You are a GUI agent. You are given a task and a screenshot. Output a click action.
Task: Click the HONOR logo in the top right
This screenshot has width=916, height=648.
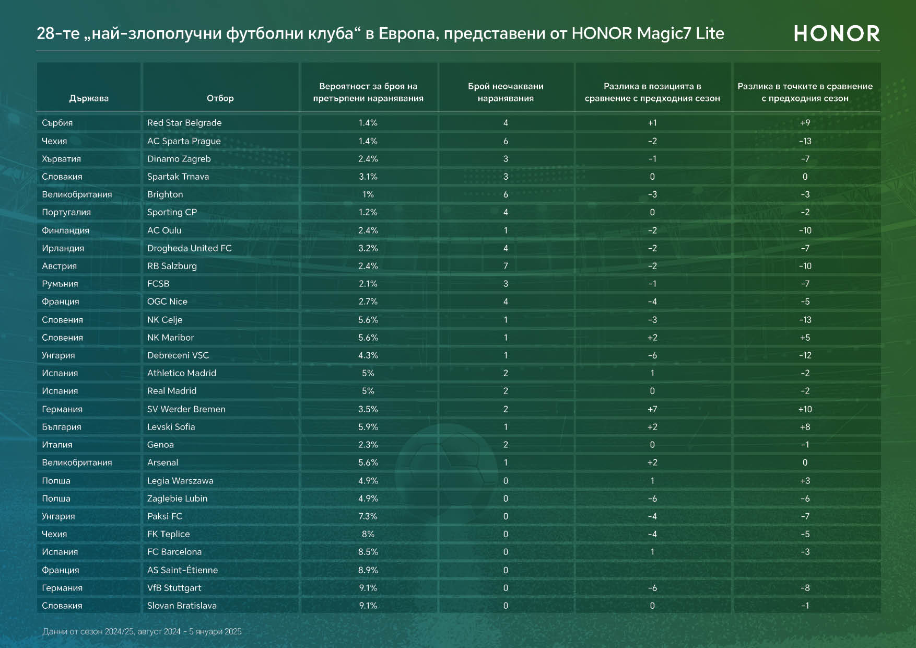837,34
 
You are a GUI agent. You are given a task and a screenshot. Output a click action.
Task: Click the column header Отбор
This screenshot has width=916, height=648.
220,98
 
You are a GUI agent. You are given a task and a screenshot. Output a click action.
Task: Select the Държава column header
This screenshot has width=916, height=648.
89,98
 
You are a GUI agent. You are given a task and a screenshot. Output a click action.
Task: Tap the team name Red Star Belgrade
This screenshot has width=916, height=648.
184,123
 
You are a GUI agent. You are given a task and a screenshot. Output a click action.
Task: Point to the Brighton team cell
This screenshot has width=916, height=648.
165,194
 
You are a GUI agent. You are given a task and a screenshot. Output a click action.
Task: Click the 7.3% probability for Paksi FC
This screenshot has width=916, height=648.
368,516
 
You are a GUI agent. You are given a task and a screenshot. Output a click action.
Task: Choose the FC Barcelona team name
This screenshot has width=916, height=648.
174,552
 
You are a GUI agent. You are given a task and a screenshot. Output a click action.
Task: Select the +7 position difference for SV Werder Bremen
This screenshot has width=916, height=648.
652,409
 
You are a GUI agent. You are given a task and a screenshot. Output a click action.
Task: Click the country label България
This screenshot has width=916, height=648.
62,427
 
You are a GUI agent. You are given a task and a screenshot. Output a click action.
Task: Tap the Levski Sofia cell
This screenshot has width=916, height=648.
171,427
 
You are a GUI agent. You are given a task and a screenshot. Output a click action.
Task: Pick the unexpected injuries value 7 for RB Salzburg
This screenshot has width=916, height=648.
506,266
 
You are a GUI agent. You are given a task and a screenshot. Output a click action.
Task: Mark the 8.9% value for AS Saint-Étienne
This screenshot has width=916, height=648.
368,570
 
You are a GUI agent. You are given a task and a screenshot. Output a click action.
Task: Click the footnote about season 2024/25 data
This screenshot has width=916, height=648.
142,631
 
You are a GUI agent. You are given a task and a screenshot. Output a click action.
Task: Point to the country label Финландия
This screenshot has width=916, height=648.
66,230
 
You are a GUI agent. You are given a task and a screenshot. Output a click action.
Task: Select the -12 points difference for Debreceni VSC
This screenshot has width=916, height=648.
805,355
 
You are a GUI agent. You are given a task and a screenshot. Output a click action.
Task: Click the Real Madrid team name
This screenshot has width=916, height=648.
172,391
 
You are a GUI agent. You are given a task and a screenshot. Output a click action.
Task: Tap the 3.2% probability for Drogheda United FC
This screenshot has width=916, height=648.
368,248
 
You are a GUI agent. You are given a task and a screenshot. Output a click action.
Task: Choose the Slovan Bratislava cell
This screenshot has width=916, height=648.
182,606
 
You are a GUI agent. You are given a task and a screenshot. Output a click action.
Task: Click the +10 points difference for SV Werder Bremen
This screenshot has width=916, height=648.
805,409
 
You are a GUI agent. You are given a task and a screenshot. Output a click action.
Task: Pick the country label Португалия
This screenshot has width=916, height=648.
66,212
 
